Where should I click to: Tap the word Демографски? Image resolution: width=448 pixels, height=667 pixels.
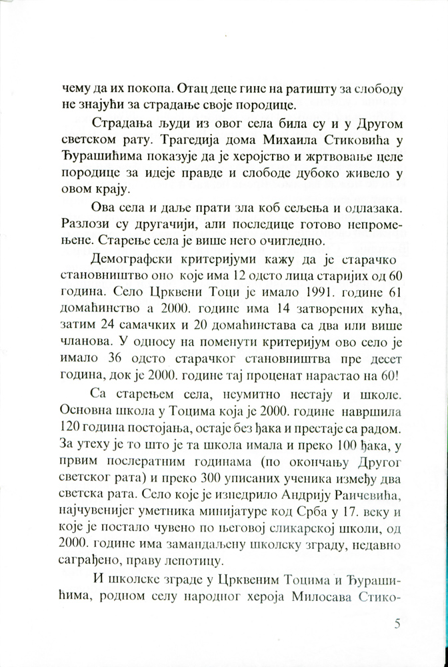(x=125, y=257)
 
